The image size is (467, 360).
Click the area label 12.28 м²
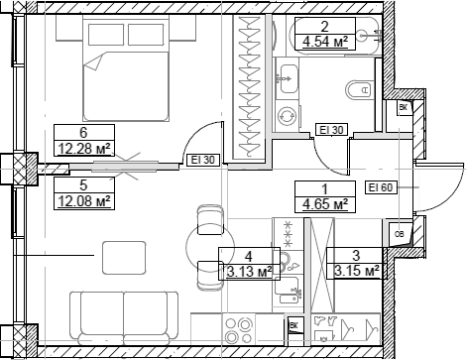pos(84,150)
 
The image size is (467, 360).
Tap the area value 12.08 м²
pos(82,201)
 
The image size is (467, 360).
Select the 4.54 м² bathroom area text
pos(325,42)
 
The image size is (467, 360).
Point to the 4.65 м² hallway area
pos(325,205)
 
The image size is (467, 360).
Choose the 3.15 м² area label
pos(354,270)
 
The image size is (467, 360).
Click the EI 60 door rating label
pos(381,186)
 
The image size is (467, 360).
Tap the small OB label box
pos(399,234)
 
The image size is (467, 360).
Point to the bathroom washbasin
pos(288,72)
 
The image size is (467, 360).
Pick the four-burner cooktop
pos(241,326)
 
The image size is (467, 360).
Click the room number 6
pos(84,131)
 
